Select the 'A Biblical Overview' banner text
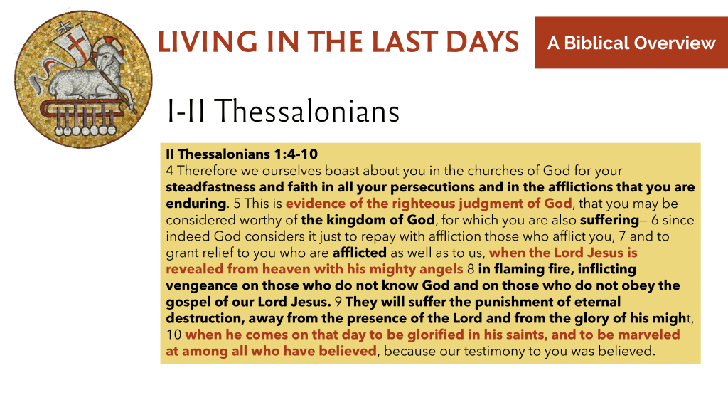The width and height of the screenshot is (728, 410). tap(631, 43)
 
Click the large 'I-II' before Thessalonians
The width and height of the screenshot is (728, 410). tap(186, 111)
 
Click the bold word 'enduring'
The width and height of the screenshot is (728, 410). tap(196, 204)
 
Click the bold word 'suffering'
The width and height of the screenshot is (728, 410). tap(609, 220)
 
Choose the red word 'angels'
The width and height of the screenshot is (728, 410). tap(441, 269)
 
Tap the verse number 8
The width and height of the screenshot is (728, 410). tap(471, 268)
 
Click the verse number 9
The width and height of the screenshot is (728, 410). tap(338, 302)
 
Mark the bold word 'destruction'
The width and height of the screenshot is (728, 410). tap(203, 318)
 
